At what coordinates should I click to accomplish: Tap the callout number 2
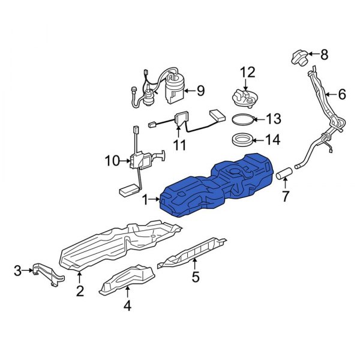click(x=79, y=292)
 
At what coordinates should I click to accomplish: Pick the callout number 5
click(x=195, y=277)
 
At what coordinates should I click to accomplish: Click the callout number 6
click(x=343, y=94)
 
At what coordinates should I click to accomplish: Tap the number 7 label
click(x=286, y=196)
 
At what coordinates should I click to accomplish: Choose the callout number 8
click(x=325, y=55)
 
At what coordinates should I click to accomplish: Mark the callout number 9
click(x=200, y=91)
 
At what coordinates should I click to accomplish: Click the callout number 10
click(x=112, y=160)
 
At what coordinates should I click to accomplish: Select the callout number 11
click(x=179, y=145)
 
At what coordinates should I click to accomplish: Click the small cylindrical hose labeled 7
click(x=284, y=174)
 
